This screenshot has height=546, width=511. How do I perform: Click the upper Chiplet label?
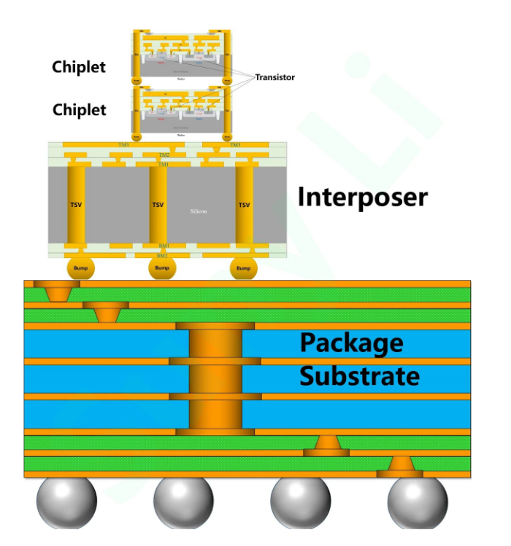coord(79,67)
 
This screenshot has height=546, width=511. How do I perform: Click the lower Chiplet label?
coord(79,110)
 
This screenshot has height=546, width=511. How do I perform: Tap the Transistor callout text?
coord(274,77)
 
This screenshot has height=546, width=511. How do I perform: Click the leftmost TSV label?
coord(77,206)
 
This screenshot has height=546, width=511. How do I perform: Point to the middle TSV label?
coord(158,206)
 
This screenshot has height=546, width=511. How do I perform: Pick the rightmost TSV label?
coord(245,206)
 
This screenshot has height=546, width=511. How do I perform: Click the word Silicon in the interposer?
coord(198,211)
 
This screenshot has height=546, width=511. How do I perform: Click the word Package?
coord(351,343)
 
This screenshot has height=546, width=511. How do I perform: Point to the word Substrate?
coord(359,376)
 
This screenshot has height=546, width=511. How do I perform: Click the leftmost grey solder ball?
coord(66,502)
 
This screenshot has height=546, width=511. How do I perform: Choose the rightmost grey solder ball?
coord(417,502)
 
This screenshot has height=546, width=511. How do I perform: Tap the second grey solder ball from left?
coord(183,502)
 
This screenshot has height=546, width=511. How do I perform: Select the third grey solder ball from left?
coord(300,502)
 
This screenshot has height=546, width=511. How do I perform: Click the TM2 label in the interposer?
coord(164,155)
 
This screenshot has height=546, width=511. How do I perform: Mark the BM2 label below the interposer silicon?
coord(163,256)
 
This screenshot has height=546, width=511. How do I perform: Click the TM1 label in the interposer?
coord(164,165)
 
